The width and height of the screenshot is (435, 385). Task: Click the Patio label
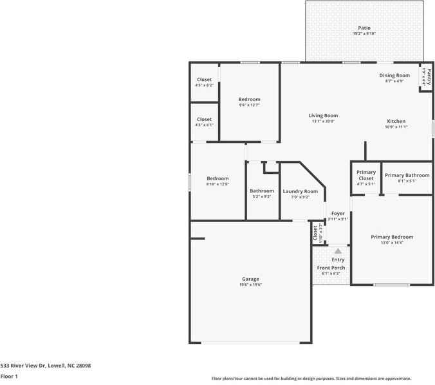click(364, 28)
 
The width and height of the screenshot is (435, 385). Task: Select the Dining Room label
click(394, 75)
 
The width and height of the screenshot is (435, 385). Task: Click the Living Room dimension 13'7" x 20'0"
click(323, 122)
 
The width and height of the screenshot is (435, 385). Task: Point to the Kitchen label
click(396, 121)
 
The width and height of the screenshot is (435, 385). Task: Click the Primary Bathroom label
click(407, 175)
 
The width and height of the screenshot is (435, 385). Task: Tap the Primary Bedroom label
click(392, 237)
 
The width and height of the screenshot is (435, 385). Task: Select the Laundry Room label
click(300, 191)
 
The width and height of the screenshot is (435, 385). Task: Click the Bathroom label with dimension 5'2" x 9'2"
click(262, 191)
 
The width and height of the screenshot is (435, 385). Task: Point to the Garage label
click(250, 279)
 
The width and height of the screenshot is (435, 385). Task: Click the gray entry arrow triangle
click(337, 251)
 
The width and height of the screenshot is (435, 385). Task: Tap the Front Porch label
click(331, 268)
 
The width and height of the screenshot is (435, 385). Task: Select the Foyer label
click(338, 213)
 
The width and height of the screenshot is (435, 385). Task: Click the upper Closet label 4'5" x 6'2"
click(204, 80)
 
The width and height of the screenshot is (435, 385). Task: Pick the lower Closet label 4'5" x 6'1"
click(204, 119)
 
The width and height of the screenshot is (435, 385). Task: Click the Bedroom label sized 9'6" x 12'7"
click(249, 99)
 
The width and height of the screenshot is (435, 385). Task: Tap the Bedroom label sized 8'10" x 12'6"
click(217, 178)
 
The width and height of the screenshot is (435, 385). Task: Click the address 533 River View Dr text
click(46, 366)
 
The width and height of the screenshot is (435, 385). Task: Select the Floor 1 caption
click(9, 376)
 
